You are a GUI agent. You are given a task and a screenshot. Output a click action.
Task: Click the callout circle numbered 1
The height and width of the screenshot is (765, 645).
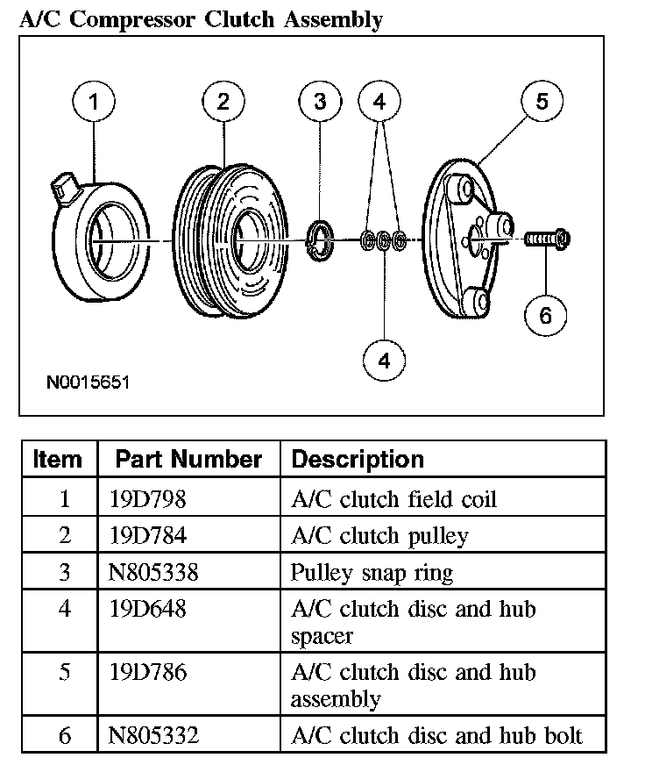94,103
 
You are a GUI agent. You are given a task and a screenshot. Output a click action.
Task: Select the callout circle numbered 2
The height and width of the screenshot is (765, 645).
223,103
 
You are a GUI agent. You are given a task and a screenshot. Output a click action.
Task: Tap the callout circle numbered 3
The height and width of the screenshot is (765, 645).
319,103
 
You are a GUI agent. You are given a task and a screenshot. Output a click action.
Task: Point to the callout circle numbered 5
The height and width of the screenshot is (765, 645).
542,103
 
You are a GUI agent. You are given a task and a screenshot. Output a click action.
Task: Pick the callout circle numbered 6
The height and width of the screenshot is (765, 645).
545,315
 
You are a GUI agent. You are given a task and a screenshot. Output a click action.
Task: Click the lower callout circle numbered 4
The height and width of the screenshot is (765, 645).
383,360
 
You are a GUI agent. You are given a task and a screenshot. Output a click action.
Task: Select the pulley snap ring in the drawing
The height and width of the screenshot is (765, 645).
322,240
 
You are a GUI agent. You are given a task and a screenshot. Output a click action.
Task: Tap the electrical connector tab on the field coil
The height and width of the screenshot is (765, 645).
64,186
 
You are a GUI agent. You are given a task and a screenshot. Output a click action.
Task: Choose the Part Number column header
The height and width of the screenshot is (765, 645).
188,459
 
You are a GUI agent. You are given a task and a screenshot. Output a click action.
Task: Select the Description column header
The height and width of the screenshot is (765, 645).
357,459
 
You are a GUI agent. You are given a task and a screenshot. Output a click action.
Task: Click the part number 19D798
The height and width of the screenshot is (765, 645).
148,500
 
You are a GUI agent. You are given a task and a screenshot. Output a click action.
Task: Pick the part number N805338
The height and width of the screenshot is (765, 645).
154,573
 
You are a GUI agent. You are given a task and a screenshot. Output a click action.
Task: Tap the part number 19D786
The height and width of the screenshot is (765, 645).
148,672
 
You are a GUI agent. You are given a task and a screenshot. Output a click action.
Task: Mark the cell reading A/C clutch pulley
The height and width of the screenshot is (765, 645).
379,536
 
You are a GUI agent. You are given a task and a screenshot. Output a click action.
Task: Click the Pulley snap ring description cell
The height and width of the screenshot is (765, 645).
372,573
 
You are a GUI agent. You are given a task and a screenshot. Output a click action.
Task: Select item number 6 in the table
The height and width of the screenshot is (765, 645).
64,735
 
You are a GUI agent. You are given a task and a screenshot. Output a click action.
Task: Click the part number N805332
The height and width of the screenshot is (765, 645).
154,735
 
